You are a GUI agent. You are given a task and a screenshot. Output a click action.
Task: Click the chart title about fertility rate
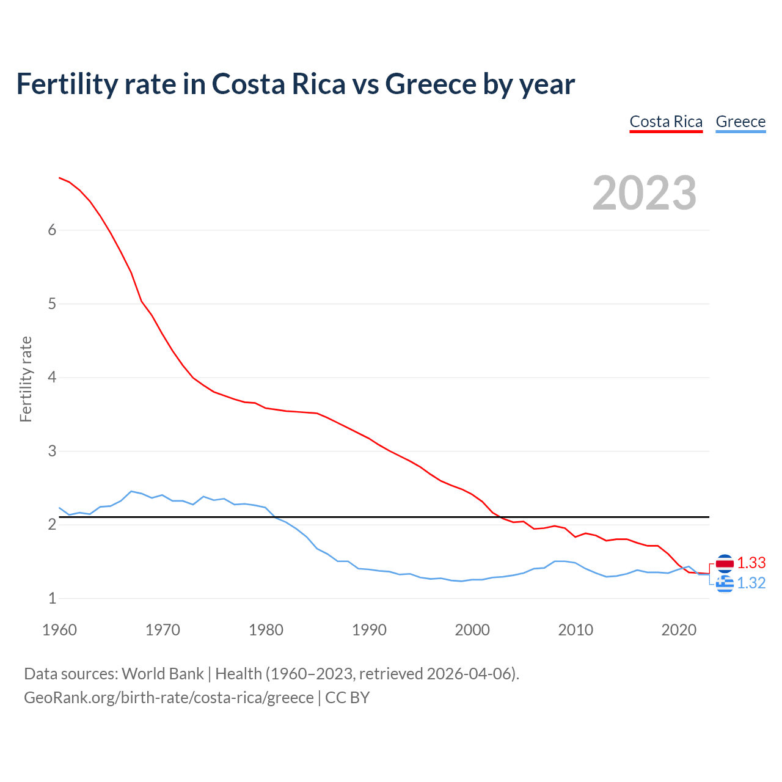(295, 84)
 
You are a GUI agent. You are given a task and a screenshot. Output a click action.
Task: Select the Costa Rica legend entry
(666, 122)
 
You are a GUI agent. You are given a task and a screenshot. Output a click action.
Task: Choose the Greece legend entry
(740, 122)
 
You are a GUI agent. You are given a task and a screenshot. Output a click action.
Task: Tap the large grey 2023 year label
(645, 193)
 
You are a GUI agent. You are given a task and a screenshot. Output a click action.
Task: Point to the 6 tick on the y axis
(52, 230)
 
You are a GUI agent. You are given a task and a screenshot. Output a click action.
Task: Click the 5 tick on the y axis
(52, 304)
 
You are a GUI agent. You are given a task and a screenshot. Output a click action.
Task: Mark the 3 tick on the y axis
(52, 451)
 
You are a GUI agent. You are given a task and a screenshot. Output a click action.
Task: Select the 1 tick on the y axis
(52, 598)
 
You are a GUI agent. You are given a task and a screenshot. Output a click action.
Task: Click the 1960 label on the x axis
(59, 630)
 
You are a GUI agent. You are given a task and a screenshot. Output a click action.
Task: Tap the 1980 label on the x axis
(266, 630)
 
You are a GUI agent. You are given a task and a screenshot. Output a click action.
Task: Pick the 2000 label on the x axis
(472, 630)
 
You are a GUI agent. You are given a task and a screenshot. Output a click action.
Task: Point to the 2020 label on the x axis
(679, 630)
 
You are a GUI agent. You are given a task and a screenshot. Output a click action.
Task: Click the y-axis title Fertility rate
(26, 379)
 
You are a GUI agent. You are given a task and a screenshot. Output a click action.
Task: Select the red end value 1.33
(751, 563)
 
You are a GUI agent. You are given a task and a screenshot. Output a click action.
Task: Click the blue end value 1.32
(751, 583)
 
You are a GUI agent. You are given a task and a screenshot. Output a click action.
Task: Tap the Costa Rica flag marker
(725, 563)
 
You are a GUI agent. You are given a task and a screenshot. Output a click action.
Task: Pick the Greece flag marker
(725, 584)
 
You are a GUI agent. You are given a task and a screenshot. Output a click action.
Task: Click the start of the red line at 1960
(60, 178)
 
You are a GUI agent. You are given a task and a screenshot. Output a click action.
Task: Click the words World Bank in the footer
(163, 673)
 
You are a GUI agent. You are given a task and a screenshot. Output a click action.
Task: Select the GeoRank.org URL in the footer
(169, 697)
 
